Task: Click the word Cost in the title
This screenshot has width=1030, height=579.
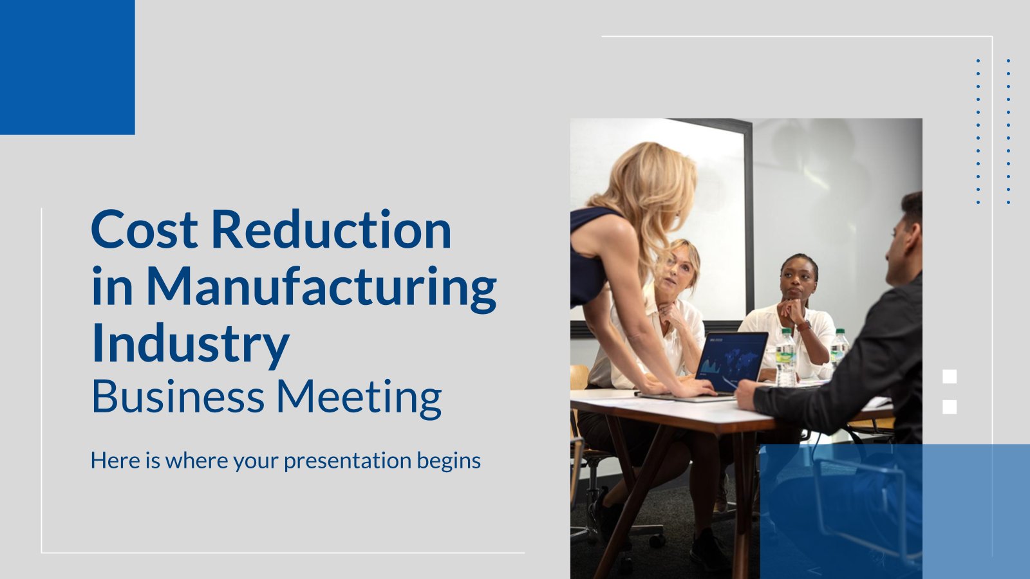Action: click(144, 229)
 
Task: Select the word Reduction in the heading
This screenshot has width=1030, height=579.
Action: click(331, 229)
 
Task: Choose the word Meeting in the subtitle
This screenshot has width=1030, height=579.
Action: click(359, 398)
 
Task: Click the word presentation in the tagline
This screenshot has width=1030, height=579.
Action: click(347, 461)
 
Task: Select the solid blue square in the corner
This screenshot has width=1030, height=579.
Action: click(67, 67)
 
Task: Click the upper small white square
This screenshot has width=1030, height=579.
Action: click(950, 376)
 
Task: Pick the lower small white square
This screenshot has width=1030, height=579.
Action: click(950, 407)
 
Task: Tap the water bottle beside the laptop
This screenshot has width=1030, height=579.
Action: click(785, 357)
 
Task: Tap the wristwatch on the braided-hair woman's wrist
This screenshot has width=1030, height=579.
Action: click(805, 326)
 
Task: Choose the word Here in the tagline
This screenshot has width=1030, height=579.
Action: click(117, 460)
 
